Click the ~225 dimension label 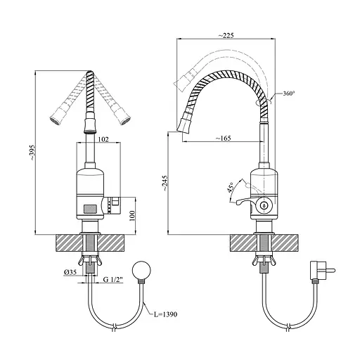click(226, 35)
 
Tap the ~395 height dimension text click(32, 153)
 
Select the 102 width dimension click(103, 139)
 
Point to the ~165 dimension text click(223, 139)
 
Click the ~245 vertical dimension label click(165, 183)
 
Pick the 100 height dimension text click(132, 216)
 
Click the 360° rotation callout click(288, 94)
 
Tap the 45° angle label click(230, 188)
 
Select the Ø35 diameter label click(70, 272)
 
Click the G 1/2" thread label click(113, 280)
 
